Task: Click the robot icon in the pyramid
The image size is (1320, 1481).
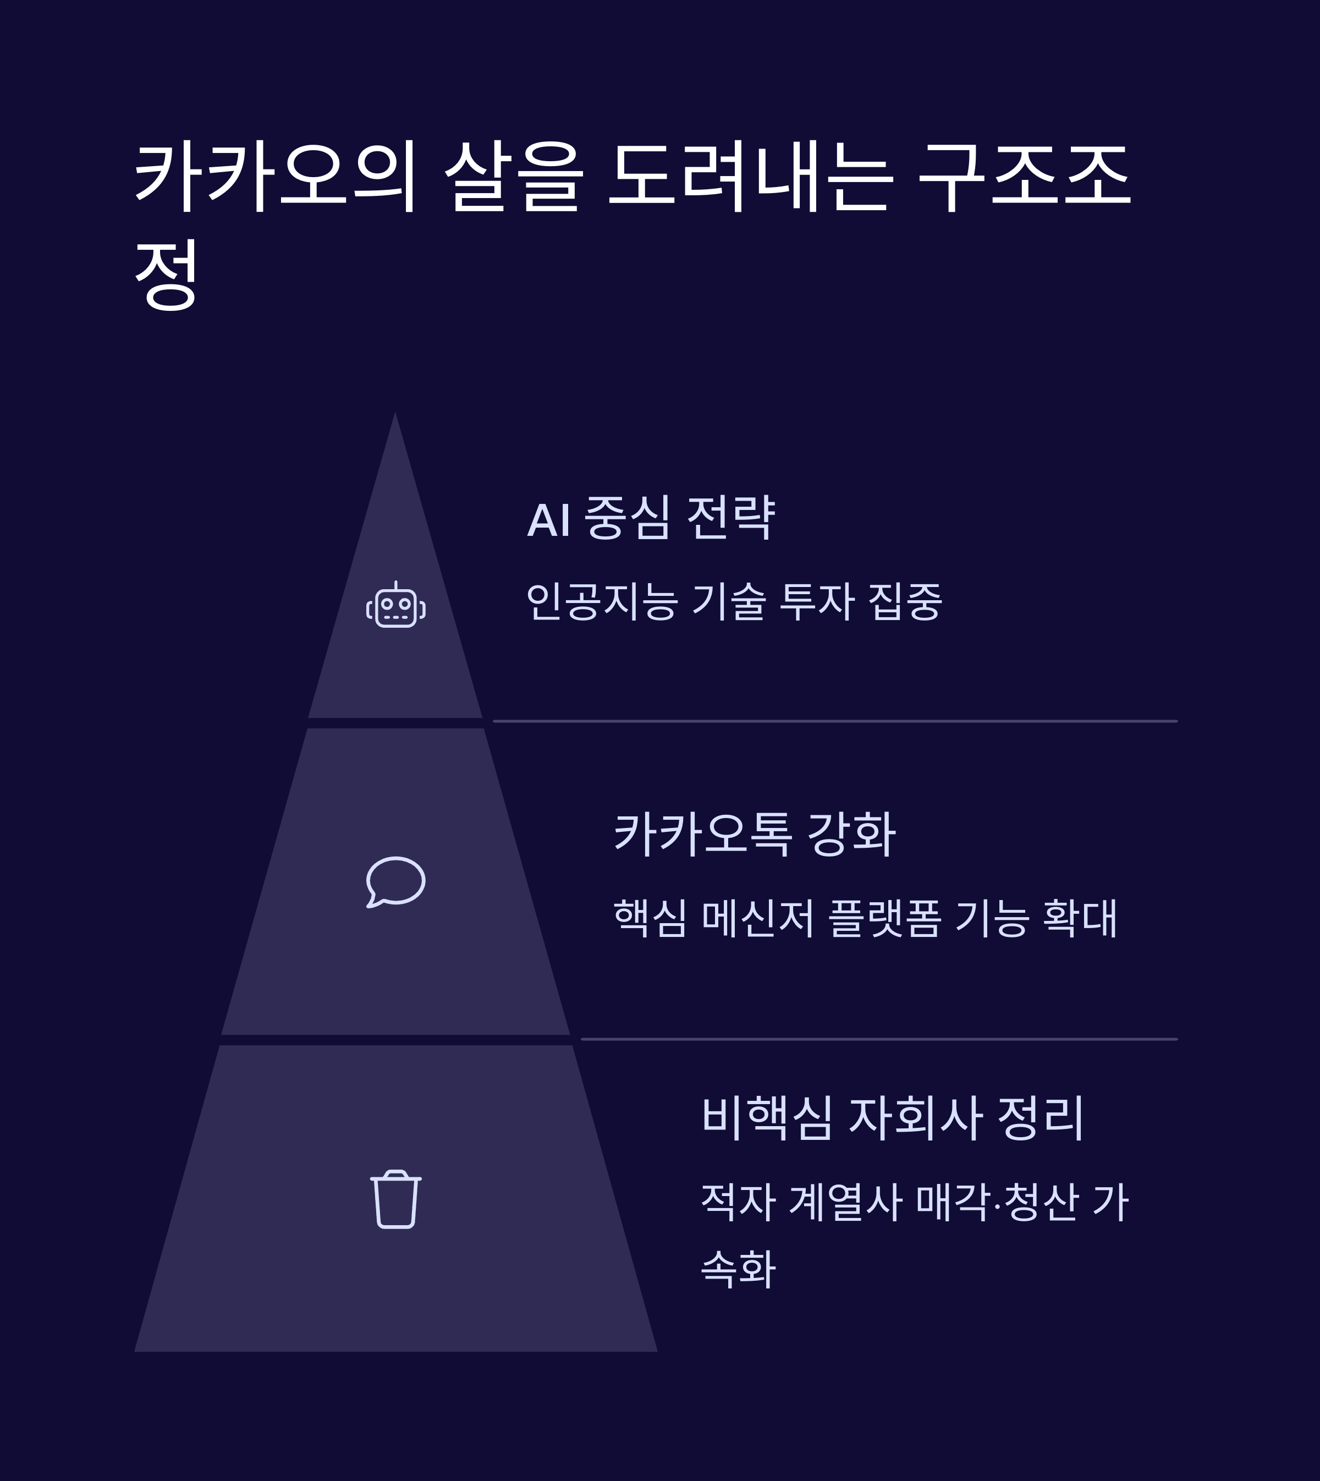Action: click(x=395, y=605)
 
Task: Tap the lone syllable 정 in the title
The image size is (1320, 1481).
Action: click(x=166, y=275)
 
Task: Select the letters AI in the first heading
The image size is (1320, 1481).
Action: click(x=548, y=520)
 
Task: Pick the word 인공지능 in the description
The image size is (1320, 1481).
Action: click(x=602, y=601)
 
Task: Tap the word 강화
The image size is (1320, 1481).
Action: click(x=851, y=833)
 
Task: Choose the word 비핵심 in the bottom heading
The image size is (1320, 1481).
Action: click(x=767, y=1117)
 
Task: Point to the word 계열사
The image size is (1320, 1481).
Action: click(x=845, y=1203)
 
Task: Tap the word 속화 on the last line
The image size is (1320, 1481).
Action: click(x=738, y=1269)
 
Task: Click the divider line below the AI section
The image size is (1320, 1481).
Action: click(x=834, y=721)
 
